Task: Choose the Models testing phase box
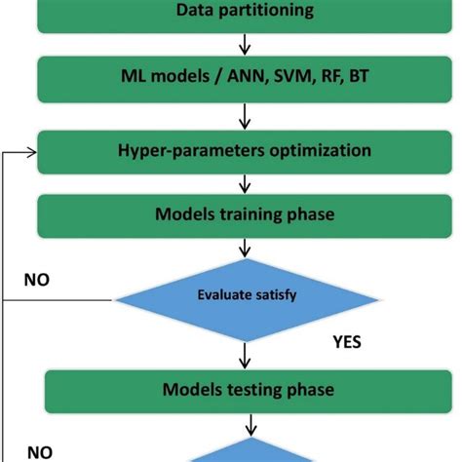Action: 244,390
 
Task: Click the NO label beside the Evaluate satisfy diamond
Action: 39,280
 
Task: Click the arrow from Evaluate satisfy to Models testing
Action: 244,353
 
